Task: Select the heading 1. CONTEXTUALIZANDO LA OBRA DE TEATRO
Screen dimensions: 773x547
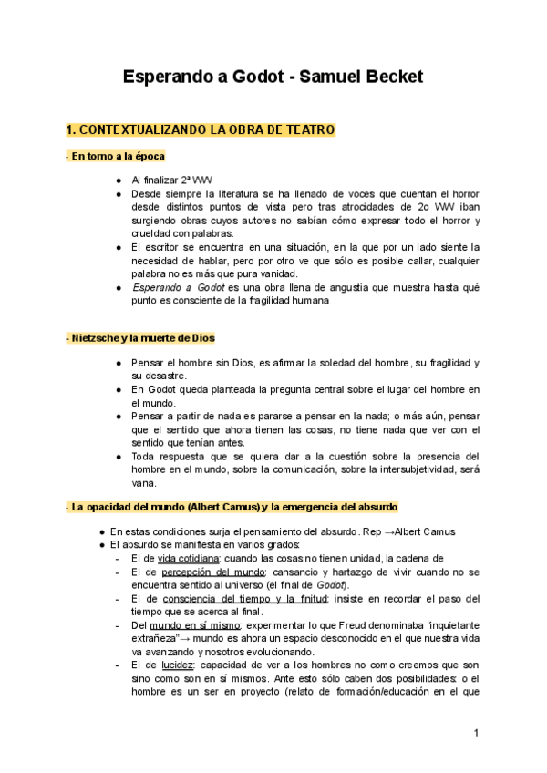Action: pyautogui.click(x=200, y=130)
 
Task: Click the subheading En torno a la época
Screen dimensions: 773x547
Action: pyautogui.click(x=117, y=157)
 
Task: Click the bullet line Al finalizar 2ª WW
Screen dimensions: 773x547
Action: pyautogui.click(x=172, y=180)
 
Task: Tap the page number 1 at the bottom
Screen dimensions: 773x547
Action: pyautogui.click(x=475, y=733)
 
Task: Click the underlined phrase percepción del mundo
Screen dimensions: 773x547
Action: pyautogui.click(x=202, y=572)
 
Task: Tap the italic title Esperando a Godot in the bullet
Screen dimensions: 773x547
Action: pyautogui.click(x=179, y=286)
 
